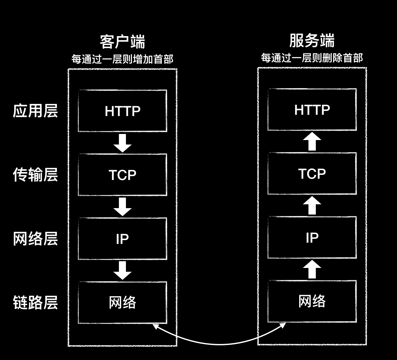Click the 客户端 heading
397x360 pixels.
coord(122,42)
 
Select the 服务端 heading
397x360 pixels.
coord(312,41)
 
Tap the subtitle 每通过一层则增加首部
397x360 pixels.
coord(122,59)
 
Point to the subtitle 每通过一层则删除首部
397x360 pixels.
coord(312,58)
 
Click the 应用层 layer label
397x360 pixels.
coord(35,111)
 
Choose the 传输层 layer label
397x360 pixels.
coord(35,175)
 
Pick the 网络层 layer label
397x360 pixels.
coord(35,239)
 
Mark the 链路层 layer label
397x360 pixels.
coord(35,302)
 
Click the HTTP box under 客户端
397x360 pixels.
coord(122,111)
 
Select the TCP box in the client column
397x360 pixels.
coord(122,175)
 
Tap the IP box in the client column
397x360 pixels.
coord(122,239)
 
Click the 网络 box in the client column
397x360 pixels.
coord(122,302)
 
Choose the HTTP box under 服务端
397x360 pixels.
coord(312,110)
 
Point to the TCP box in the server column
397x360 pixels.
coord(312,174)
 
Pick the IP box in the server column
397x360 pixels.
coord(312,238)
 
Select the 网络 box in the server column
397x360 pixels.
coord(312,301)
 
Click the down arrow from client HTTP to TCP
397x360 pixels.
coord(122,143)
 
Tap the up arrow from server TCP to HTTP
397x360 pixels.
coord(312,142)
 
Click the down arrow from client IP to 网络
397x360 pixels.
coord(122,270)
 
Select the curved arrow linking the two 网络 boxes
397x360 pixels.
coord(219,344)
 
